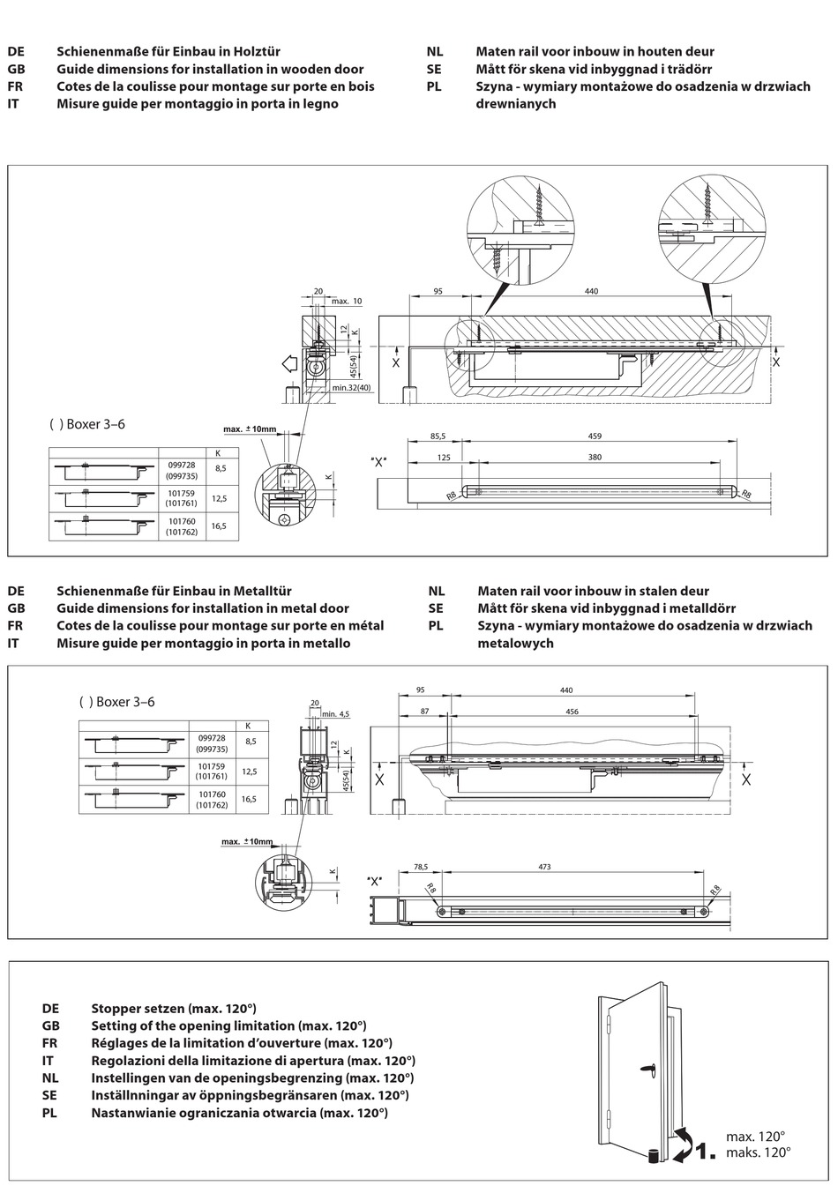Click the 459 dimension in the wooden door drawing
point(595,436)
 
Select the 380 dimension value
point(595,457)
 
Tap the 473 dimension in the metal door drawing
point(544,868)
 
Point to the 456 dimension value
point(572,712)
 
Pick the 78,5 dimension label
point(421,868)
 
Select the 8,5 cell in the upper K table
point(221,469)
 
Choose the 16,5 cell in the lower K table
point(249,799)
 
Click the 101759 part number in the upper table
point(180,494)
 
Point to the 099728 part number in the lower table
point(213,737)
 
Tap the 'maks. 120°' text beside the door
point(758,1152)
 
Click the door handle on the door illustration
point(647,1069)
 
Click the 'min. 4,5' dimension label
point(335,714)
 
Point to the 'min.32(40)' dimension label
point(352,387)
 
